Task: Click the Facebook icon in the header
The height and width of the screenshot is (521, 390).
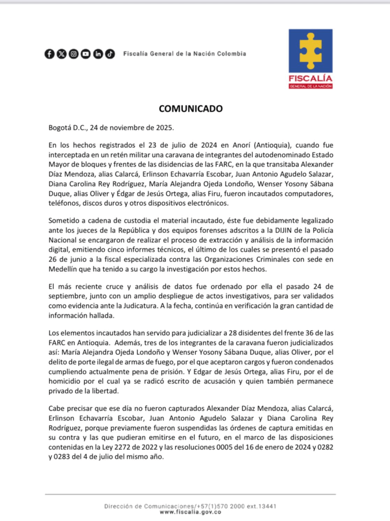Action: [49, 53]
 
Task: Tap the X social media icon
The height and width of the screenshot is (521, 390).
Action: [62, 53]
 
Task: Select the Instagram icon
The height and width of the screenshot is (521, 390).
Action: [74, 53]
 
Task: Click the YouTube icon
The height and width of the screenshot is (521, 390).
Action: [86, 53]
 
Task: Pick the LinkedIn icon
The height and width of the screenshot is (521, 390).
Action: [98, 53]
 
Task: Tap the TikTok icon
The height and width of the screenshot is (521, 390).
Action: [110, 53]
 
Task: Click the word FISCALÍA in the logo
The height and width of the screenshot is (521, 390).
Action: [311, 78]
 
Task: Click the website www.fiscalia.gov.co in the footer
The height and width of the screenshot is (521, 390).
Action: [191, 512]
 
